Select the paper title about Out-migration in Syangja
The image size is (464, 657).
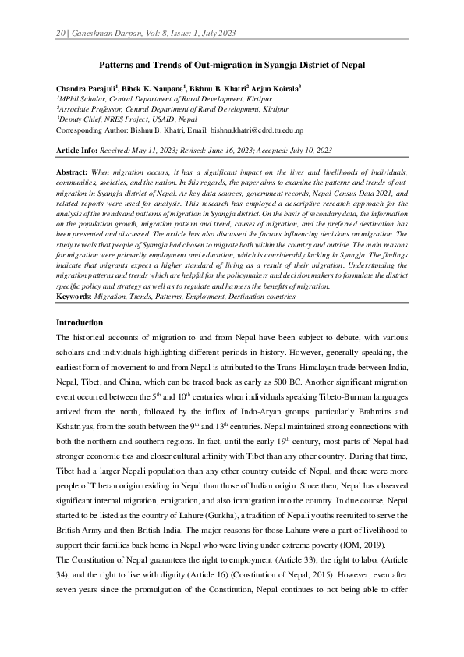click(232, 67)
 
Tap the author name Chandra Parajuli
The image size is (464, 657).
click(87, 90)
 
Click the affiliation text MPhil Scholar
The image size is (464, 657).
click(83, 100)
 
